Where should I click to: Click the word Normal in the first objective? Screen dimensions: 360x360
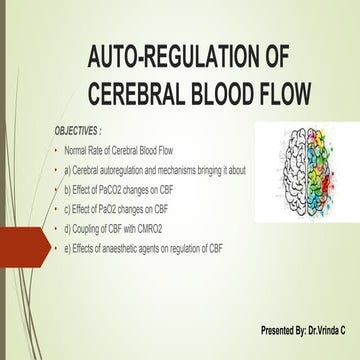click(76, 149)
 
